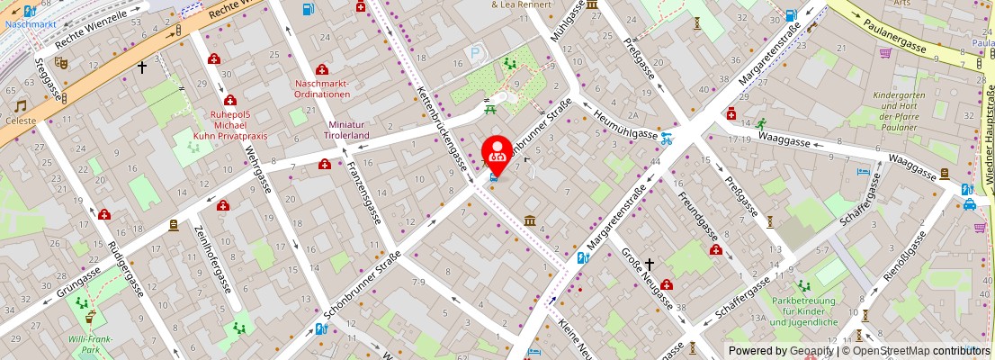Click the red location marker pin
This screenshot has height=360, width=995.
click(x=497, y=154)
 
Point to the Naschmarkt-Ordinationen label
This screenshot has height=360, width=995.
click(x=322, y=89)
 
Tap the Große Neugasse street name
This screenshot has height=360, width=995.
click(x=647, y=280)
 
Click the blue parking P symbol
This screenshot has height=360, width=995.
click(x=475, y=53)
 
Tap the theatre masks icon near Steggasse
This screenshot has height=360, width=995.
click(x=61, y=63)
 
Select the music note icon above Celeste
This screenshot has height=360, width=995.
click(x=20, y=105)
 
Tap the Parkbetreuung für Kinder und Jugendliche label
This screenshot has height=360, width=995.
click(x=804, y=311)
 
